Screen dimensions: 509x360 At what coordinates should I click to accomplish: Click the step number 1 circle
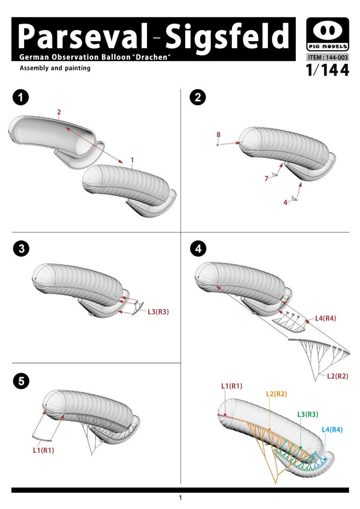click(x=21, y=98)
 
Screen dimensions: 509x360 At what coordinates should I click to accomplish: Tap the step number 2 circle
click(x=198, y=98)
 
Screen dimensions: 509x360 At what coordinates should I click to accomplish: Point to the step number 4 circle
click(x=198, y=249)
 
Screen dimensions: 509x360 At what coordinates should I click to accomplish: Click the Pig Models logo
click(x=328, y=35)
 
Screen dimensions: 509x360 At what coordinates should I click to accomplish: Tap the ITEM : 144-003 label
click(x=328, y=57)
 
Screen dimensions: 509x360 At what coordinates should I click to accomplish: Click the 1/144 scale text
click(x=327, y=70)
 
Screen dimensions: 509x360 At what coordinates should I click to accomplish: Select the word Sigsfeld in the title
click(x=227, y=36)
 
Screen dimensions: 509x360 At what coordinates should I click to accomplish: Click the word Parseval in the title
click(x=83, y=36)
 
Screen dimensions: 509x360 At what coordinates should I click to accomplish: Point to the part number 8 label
click(x=218, y=135)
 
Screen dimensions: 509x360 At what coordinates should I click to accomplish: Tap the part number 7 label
click(x=267, y=178)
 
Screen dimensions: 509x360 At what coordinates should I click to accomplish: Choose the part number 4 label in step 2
click(x=285, y=202)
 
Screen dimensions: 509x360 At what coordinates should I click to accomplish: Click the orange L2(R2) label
click(x=276, y=394)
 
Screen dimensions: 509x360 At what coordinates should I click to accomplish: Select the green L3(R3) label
click(x=307, y=414)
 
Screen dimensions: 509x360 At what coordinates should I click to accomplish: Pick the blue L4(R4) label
click(x=332, y=430)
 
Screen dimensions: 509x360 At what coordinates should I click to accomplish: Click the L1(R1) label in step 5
click(x=43, y=450)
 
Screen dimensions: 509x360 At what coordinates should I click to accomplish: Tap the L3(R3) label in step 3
click(x=158, y=311)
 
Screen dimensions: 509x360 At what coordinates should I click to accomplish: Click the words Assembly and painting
click(x=55, y=68)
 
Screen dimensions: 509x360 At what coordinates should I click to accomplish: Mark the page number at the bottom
click(x=180, y=498)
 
